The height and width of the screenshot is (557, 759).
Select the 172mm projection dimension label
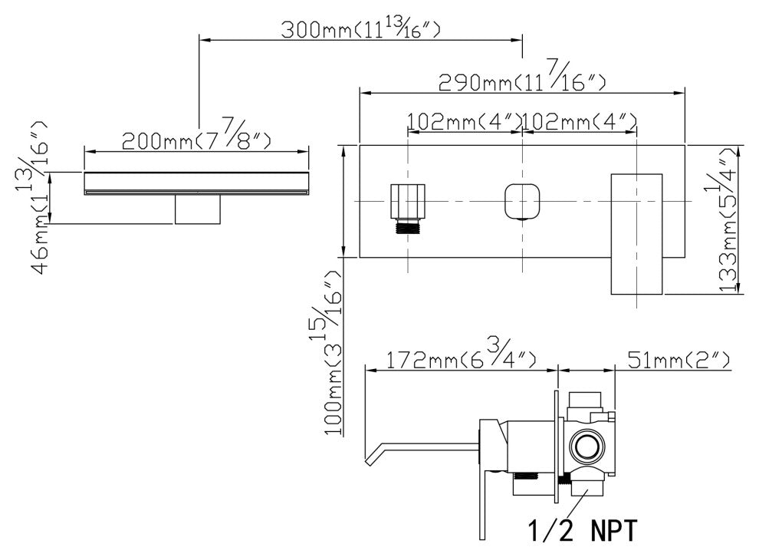[x=461, y=358]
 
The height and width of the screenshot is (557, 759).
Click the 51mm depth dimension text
[x=678, y=358]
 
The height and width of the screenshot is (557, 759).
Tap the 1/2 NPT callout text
[x=580, y=529]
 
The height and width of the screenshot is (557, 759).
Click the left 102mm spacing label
[x=465, y=121]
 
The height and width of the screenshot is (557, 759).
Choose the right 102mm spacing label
[x=580, y=121]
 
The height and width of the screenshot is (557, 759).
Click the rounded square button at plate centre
[x=521, y=201]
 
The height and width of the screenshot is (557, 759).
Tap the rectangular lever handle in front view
[x=636, y=233]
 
